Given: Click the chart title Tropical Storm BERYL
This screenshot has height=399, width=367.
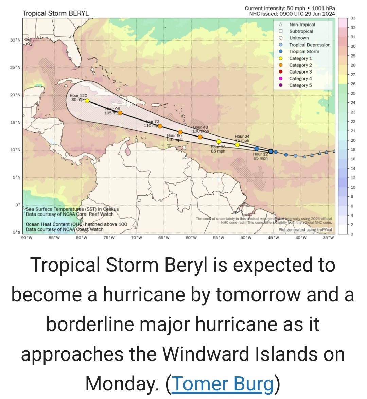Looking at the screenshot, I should pos(55,13).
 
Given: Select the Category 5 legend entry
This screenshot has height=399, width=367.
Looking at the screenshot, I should pos(300,85).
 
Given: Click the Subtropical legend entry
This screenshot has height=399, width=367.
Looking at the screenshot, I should pos(301,31).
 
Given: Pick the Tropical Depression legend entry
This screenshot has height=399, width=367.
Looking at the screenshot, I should pos(310,45).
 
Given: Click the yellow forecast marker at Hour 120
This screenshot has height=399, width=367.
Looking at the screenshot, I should pos(87,101).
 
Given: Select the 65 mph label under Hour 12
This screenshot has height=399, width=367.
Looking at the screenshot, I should pos(260,158).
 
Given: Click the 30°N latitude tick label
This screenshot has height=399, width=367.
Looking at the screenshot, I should pos(15,40).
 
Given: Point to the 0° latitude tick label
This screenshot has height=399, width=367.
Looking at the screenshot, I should pos(18,205).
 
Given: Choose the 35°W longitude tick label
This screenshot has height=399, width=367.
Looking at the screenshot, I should pos(328,238).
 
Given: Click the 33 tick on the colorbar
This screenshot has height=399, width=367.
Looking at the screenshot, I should pos(353,18).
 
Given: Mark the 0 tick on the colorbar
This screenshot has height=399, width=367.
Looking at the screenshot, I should pos(352,234).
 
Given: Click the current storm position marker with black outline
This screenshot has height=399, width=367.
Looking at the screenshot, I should pos(271,151).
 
